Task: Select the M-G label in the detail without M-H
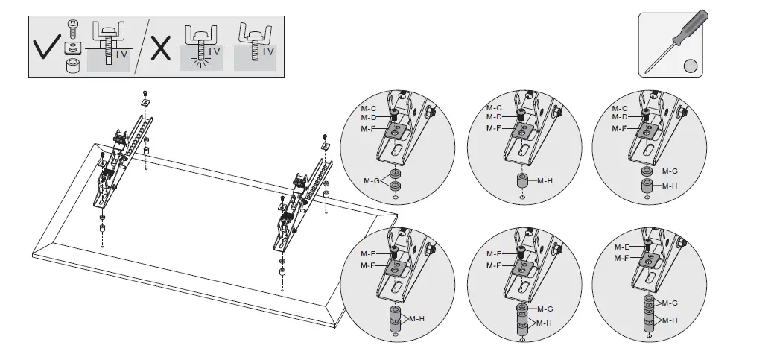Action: pos(372,181)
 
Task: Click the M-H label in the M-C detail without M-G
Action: pos(545,180)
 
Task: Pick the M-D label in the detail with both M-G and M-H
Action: pos(619,117)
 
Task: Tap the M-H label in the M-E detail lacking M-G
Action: pos(417,318)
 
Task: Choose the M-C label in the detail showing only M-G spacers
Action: pos(368,109)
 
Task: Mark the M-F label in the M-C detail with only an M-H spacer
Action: pos(494,128)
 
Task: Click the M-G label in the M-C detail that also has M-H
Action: pos(670,171)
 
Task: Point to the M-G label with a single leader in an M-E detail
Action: pos(545,309)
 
